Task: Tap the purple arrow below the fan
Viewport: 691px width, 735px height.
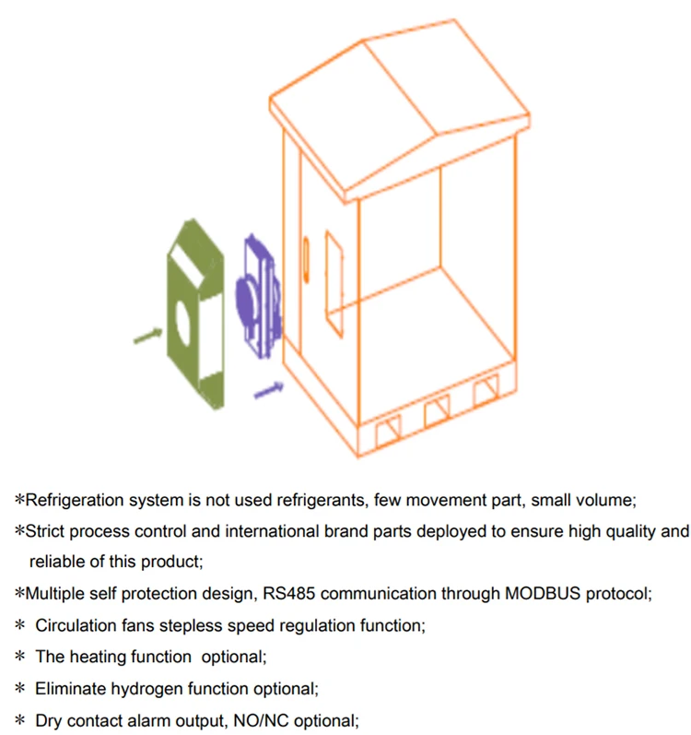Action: [268, 390]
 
